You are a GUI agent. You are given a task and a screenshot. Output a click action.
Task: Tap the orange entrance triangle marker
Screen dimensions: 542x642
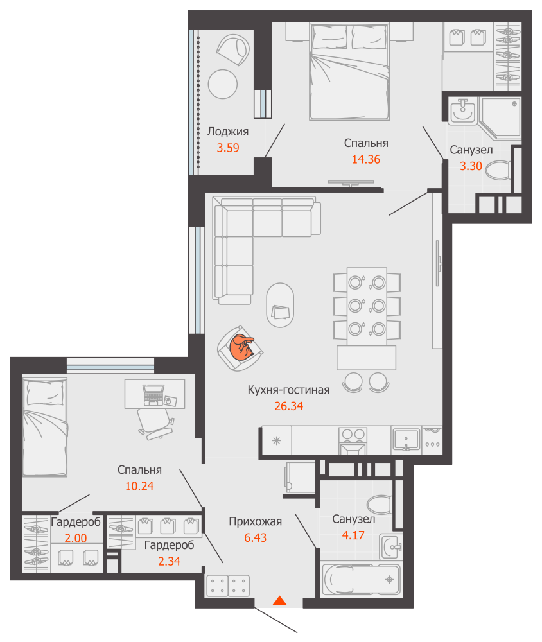pyautogui.click(x=280, y=601)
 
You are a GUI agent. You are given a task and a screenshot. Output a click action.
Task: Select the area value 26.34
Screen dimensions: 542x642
pyautogui.click(x=289, y=406)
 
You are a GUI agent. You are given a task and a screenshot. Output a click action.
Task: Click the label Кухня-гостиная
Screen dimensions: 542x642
pyautogui.click(x=288, y=390)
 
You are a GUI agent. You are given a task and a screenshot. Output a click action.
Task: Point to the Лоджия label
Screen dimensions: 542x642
pyautogui.click(x=228, y=132)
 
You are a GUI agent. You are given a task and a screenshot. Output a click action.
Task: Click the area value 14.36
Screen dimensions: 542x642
pyautogui.click(x=366, y=159)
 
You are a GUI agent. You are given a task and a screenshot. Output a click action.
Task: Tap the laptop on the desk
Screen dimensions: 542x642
pyautogui.click(x=153, y=395)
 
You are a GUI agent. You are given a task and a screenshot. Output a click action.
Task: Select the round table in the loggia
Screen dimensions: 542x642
pyautogui.click(x=222, y=84)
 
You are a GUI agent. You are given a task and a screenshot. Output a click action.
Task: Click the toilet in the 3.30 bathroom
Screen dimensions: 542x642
pyautogui.click(x=498, y=170)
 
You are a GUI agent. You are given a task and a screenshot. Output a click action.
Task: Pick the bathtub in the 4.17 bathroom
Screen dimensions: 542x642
pyautogui.click(x=360, y=579)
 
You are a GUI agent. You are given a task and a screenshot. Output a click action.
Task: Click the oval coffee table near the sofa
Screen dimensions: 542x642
pyautogui.click(x=280, y=305)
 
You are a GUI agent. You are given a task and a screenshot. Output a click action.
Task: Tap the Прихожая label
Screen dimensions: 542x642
pyautogui.click(x=255, y=521)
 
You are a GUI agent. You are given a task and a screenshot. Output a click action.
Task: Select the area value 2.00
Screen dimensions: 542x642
pyautogui.click(x=75, y=538)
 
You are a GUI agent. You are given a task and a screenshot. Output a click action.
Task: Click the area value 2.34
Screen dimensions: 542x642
pyautogui.click(x=169, y=561)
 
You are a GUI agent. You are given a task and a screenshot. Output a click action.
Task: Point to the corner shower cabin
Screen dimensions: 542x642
pyautogui.click(x=500, y=117)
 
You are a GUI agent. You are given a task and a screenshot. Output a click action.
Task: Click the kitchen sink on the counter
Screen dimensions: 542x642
pyautogui.click(x=406, y=440)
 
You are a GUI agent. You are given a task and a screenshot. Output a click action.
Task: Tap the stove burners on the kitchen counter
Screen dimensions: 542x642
pyautogui.click(x=353, y=435)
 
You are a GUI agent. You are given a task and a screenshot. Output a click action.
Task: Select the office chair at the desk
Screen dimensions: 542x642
pyautogui.click(x=155, y=424)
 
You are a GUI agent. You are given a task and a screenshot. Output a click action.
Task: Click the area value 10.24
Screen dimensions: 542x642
pyautogui.click(x=139, y=487)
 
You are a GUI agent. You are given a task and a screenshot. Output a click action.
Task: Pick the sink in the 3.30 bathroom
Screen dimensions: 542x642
pyautogui.click(x=462, y=111)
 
